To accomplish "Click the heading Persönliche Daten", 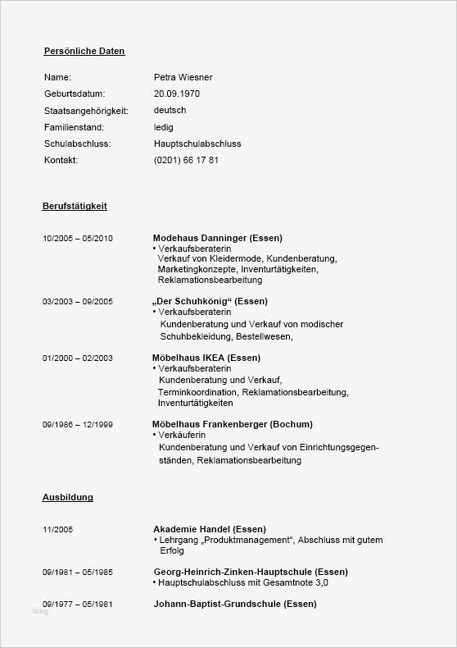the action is coord(84,52).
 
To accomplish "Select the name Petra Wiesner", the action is coord(183,77).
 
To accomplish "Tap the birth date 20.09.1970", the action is coord(176,94).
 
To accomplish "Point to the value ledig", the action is coord(164,128).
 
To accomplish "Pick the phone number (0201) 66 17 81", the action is coord(186,161).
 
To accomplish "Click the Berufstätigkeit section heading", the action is coord(75,206).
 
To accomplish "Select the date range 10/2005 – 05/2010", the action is coord(78,239).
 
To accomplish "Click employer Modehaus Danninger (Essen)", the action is coord(217,238).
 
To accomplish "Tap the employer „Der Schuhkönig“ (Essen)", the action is coord(210,301).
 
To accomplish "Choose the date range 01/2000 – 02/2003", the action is coord(78,358).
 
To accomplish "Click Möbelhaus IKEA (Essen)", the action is coord(206,358).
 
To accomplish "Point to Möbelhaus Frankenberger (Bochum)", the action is coord(232,424).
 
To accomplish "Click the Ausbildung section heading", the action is coord(67,497).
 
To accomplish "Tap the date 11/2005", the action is coord(57,530).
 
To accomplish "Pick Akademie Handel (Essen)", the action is coord(209,529).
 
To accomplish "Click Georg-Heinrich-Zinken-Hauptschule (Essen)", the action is coord(250,572).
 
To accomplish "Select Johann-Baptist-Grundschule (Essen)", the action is coord(234,605).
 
